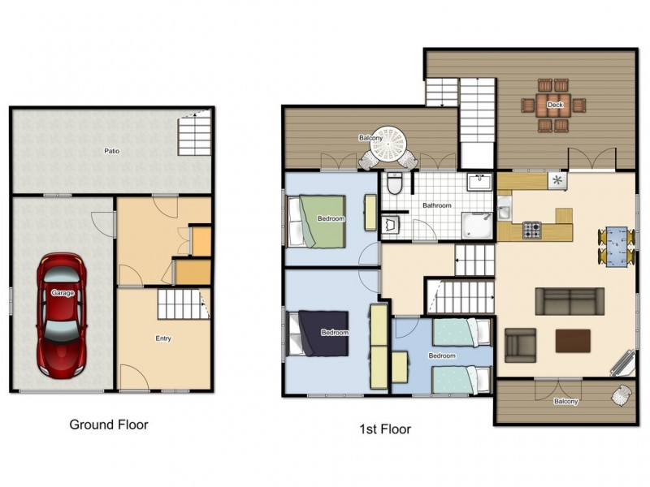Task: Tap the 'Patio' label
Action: (x=110, y=151)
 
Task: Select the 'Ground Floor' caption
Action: (x=109, y=424)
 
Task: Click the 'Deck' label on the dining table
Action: (x=555, y=105)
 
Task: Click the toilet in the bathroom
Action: (x=395, y=184)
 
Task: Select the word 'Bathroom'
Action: (x=436, y=205)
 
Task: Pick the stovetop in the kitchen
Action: (x=531, y=231)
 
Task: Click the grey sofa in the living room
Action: (x=569, y=300)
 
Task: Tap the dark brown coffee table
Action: (x=573, y=340)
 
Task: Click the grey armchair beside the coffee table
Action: (x=520, y=344)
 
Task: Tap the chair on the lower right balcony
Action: (x=622, y=395)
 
